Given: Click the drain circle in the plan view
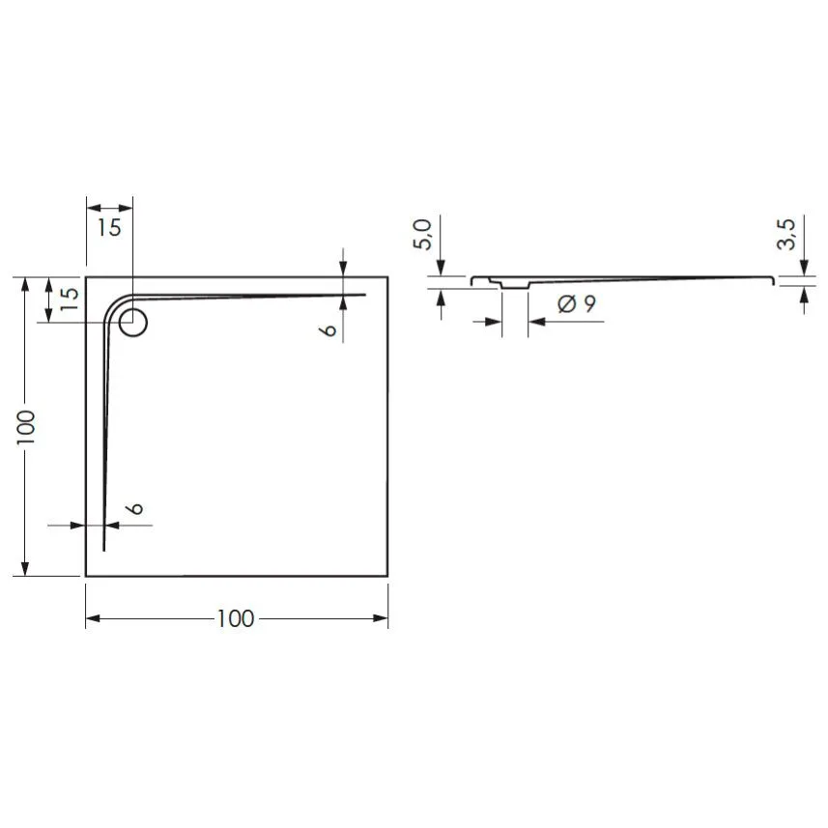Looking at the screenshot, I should click(x=133, y=322).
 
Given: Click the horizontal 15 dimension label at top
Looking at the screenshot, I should click(x=109, y=228).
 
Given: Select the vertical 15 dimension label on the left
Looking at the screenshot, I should click(x=69, y=299).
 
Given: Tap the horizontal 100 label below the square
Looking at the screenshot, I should click(x=236, y=619).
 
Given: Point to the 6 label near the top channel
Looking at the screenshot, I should click(x=329, y=329).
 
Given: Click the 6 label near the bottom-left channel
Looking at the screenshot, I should click(x=135, y=508).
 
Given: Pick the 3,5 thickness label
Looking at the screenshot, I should click(x=786, y=235).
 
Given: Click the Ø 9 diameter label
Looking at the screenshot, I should click(x=577, y=303).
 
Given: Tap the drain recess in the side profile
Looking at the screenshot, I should click(x=513, y=285).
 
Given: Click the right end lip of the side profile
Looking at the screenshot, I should click(x=772, y=280).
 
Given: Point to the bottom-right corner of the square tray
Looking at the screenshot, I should click(x=387, y=576).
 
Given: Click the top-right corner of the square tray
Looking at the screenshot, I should click(x=387, y=277).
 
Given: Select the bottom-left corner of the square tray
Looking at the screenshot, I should click(x=86, y=576).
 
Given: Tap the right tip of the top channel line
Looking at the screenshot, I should click(x=365, y=294).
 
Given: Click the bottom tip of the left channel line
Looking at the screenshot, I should click(x=103, y=551).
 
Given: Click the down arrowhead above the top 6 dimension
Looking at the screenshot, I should click(x=343, y=270).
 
